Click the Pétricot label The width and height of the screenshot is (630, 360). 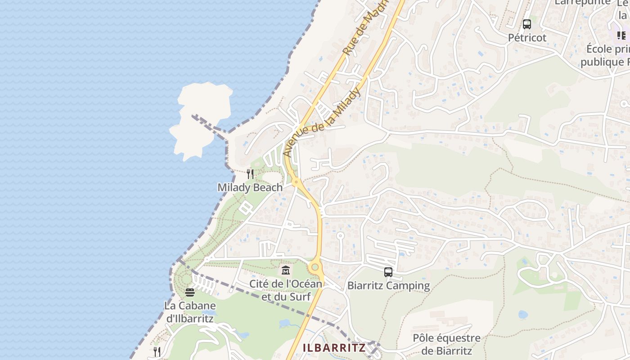[527, 38]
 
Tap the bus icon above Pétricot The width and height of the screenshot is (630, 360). [527, 24]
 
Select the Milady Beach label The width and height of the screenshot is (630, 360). [250, 187]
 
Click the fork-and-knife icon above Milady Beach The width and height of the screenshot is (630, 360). [250, 174]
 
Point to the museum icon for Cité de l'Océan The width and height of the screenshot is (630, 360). [286, 270]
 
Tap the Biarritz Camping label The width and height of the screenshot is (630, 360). [388, 286]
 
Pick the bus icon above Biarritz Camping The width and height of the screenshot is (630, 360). [388, 272]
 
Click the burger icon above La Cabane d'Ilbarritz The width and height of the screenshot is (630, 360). [190, 292]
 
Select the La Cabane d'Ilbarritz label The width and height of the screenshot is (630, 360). [190, 312]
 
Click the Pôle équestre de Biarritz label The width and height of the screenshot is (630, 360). [446, 344]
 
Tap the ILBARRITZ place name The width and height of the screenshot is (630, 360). [333, 348]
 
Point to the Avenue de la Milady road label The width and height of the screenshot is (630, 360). [323, 122]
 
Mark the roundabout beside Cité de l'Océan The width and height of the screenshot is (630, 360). [315, 268]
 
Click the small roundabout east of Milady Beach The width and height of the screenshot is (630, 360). [296, 182]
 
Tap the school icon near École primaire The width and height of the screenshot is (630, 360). [621, 35]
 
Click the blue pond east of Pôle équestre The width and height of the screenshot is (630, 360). [522, 315]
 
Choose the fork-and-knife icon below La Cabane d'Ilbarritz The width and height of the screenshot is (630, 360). [157, 351]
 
